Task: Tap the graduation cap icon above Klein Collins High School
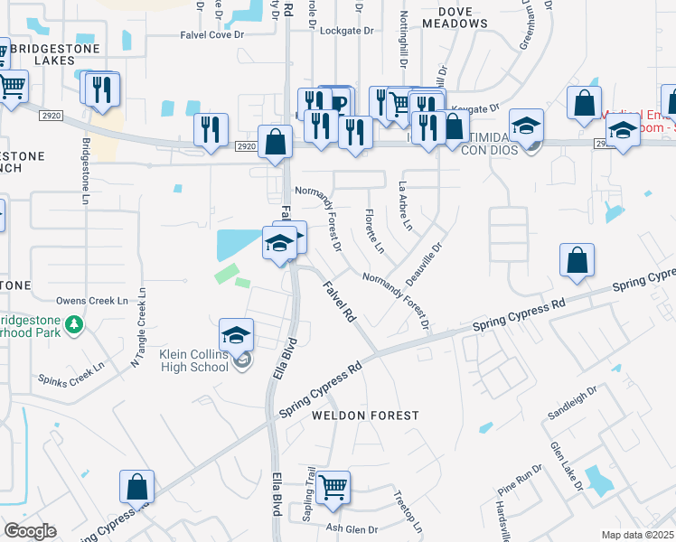click(x=236, y=334)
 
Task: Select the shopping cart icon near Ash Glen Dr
click(x=333, y=488)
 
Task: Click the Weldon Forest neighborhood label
click(x=365, y=416)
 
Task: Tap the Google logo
click(x=30, y=531)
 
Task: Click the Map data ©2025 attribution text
click(x=638, y=535)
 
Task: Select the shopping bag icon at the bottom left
click(x=137, y=486)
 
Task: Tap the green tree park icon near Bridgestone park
click(x=75, y=322)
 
